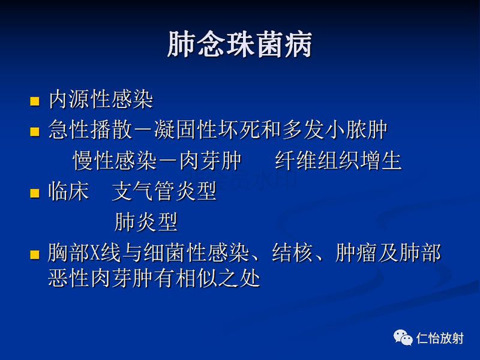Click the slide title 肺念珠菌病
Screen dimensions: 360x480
tap(239, 46)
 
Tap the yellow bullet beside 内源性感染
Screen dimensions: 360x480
tap(35, 100)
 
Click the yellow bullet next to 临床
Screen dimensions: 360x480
tap(35, 194)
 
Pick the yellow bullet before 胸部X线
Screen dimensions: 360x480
tap(35, 254)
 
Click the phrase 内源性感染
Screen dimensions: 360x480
tap(101, 100)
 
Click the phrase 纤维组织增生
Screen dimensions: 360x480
tap(338, 161)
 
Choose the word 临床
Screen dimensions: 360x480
tap(68, 193)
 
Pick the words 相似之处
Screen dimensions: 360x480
tap(228, 279)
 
